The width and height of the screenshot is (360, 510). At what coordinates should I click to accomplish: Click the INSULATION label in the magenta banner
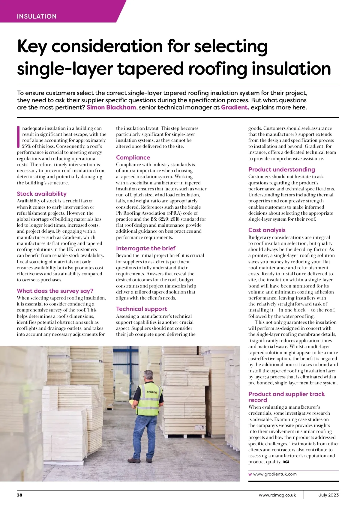pos(37,16)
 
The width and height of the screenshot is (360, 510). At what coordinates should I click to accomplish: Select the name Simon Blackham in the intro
pos(111,107)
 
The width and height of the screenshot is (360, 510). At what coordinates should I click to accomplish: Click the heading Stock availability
pos(42,194)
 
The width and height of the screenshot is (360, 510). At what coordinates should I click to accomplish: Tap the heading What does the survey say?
pos(55,291)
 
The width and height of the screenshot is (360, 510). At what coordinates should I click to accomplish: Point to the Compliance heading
pos(133,157)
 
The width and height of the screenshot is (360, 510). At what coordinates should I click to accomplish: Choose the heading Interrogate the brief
pos(145,248)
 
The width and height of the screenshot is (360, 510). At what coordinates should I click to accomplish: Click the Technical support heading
pos(142,309)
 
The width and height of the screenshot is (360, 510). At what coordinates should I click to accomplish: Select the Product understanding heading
pos(281,169)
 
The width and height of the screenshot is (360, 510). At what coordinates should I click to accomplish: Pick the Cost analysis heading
pos(267,230)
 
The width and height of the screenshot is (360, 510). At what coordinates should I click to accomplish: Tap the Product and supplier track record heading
pos(286,397)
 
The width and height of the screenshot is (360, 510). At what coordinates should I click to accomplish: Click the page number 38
pos(19,495)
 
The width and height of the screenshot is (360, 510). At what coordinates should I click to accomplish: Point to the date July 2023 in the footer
pos(328,495)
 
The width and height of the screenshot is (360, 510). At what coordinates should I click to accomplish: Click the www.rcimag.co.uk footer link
pos(277,495)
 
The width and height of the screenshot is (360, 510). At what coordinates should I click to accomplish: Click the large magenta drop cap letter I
pos(19,137)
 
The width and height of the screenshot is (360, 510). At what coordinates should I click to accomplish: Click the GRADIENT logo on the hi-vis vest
pos(152,392)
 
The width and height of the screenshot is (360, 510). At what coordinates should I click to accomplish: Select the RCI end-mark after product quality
pos(286,462)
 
